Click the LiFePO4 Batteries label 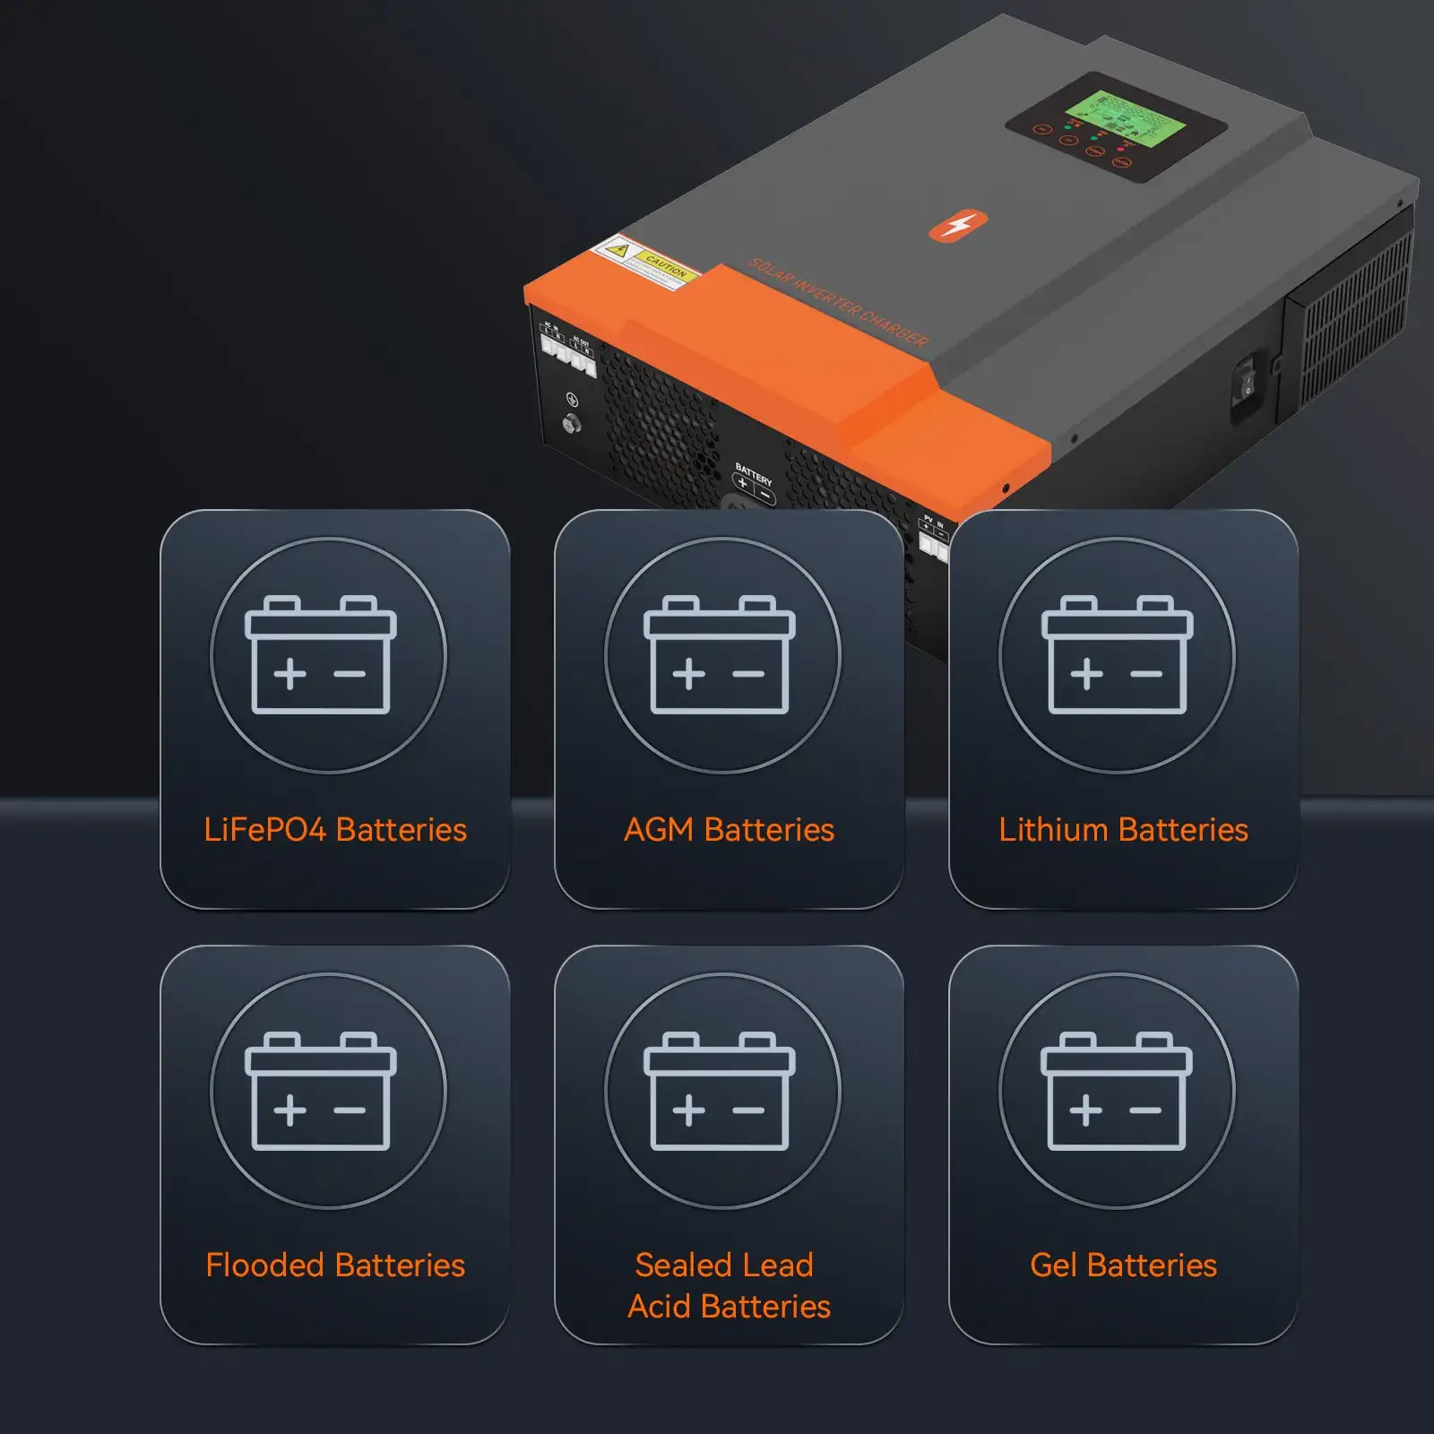click(334, 830)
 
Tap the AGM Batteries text click(729, 830)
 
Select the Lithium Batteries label click(1123, 830)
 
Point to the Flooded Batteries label click(334, 1266)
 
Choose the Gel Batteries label click(1123, 1266)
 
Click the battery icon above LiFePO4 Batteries click(321, 655)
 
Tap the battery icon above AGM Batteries click(720, 655)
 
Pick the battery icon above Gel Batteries click(1117, 1091)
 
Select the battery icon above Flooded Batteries click(321, 1091)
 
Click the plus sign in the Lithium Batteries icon click(1086, 674)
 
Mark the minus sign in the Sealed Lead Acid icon click(748, 1110)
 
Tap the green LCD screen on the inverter click(1126, 120)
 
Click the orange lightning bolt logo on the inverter click(957, 225)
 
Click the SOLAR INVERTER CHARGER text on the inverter click(838, 303)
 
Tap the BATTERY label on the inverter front click(753, 474)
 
